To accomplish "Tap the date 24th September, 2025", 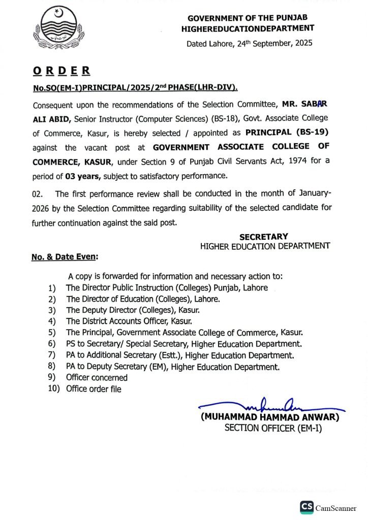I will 275,43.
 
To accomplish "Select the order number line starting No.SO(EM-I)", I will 135,88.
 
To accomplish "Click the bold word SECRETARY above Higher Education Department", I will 263,236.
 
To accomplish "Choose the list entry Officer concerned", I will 97,377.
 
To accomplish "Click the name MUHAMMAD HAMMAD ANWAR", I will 270,417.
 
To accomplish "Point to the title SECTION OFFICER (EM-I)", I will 273,428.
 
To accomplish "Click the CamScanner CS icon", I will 306,507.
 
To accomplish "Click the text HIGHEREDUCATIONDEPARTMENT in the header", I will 248,29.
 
